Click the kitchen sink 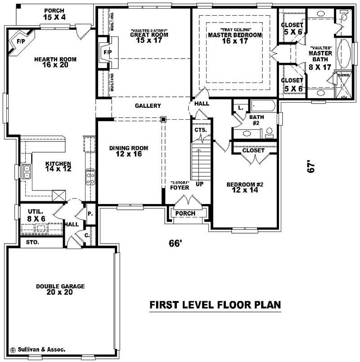point(27,172)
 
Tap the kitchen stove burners point(90,176)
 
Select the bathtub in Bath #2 point(263,107)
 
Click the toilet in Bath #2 point(270,133)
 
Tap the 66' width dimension point(175,243)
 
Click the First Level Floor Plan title point(215,305)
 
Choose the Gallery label point(148,106)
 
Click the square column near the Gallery point(164,119)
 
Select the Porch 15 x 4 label point(54,14)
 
